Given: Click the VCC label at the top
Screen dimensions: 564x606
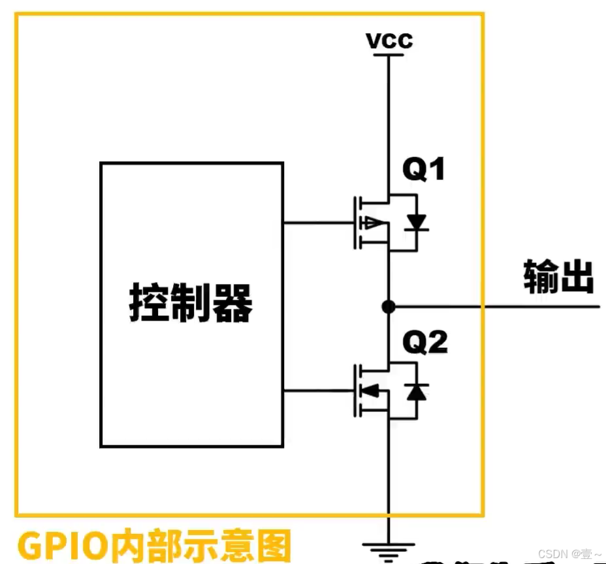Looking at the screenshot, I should pyautogui.click(x=389, y=40).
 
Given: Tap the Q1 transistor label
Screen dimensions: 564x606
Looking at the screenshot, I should pyautogui.click(x=424, y=170).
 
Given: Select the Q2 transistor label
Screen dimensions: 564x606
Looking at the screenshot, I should pyautogui.click(x=425, y=341).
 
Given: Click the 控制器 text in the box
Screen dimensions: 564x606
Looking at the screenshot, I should pyautogui.click(x=191, y=304).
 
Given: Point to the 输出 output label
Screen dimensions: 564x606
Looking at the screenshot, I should pyautogui.click(x=558, y=277).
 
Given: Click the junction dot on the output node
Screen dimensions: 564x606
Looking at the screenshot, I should pyautogui.click(x=389, y=305).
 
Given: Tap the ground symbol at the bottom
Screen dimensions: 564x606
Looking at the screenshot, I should pyautogui.click(x=389, y=548).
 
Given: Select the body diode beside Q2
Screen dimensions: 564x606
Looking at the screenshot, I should pyautogui.click(x=416, y=392).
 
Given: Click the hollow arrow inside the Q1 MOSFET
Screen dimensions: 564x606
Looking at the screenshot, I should pyautogui.click(x=373, y=223).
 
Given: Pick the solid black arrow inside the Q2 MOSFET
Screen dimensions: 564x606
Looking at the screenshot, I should pyautogui.click(x=370, y=391).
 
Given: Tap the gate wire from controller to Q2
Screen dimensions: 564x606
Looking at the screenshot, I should pyautogui.click(x=317, y=391).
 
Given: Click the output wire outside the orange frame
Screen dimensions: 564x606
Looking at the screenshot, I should pyautogui.click(x=542, y=305).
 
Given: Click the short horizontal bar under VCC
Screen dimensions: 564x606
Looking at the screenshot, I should pyautogui.click(x=389, y=55).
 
